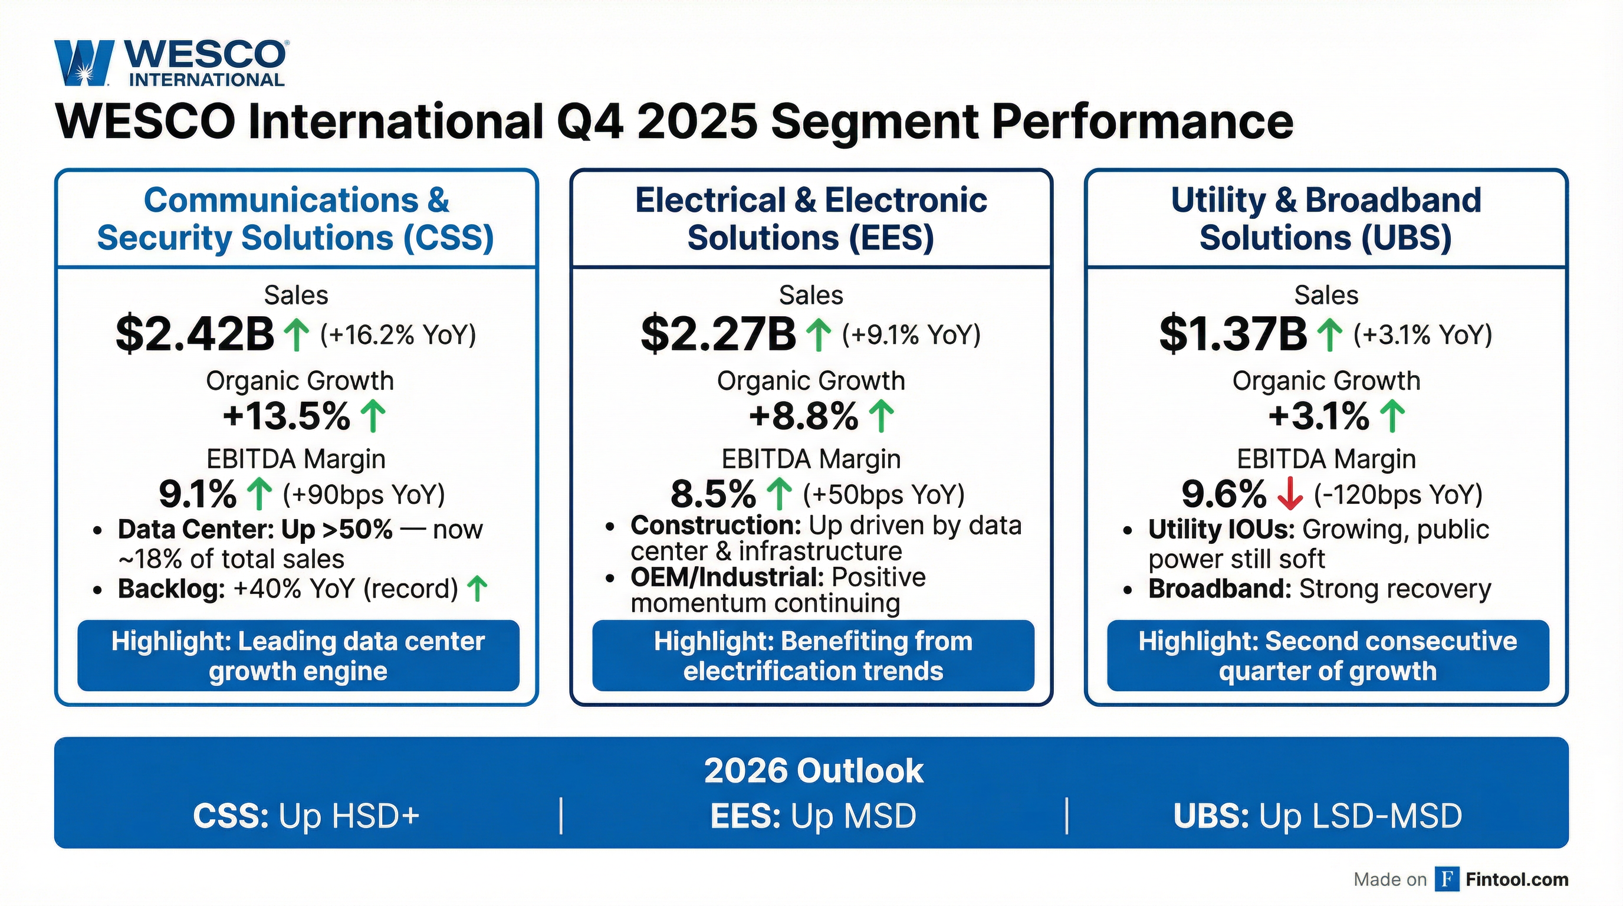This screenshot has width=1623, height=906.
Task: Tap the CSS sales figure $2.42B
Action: (x=195, y=334)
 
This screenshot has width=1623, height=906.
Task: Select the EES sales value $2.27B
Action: (x=718, y=334)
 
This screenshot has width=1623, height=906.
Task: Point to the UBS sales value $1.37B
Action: (x=1233, y=334)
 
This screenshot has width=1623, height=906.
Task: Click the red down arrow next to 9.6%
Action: (x=1290, y=494)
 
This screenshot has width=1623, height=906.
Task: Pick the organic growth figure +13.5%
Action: (x=287, y=416)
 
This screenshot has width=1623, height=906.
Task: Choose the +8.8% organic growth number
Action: (x=803, y=416)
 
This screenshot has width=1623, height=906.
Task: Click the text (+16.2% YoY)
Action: (x=398, y=334)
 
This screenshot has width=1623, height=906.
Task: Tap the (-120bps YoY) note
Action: (x=1398, y=494)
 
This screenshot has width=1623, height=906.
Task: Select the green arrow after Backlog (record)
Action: (x=478, y=589)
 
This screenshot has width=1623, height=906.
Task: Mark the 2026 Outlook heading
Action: (x=813, y=770)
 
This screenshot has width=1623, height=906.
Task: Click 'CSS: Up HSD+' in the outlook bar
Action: (x=306, y=816)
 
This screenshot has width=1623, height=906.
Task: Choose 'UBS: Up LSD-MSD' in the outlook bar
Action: (x=1318, y=816)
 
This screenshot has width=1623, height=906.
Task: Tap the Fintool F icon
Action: (x=1447, y=879)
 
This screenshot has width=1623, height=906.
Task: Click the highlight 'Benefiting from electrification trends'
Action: (x=813, y=656)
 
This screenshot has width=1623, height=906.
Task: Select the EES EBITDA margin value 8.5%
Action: (x=713, y=494)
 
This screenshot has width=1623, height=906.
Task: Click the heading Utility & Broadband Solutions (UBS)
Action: (x=1326, y=219)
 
